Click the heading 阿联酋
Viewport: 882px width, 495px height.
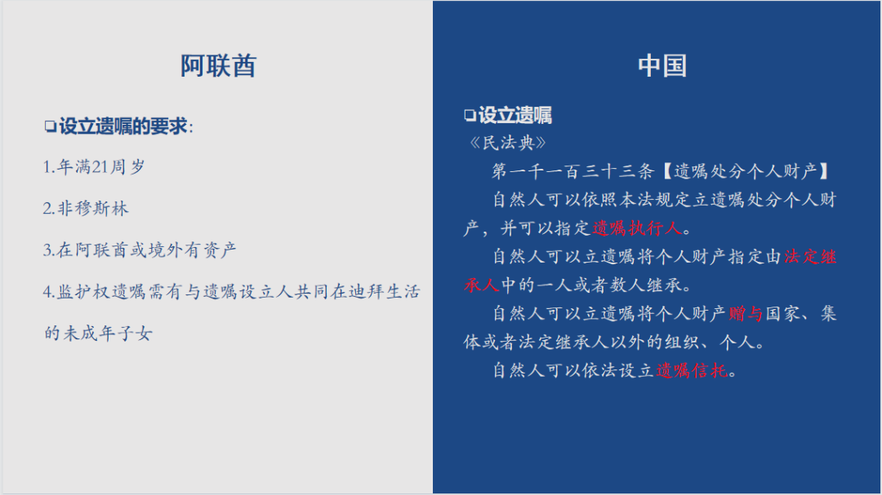coord(218,66)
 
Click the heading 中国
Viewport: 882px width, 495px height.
coord(662,66)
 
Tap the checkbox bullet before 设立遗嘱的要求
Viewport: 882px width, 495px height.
coord(50,126)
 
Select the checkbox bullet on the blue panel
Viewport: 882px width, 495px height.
coord(470,115)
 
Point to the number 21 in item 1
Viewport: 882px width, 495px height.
coord(100,167)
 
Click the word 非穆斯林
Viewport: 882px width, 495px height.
coord(93,209)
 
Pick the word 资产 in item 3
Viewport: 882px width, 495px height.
coord(220,250)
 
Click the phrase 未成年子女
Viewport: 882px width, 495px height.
coord(108,334)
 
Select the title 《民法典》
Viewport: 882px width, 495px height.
coord(508,143)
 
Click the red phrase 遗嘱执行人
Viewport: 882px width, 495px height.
coord(637,228)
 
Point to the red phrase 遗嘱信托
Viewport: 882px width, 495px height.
coord(692,370)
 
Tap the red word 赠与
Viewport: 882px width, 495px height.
coord(746,313)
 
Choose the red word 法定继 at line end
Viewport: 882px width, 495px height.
coord(811,257)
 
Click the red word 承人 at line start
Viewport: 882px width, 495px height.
coord(482,285)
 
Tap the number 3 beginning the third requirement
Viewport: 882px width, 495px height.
coord(47,250)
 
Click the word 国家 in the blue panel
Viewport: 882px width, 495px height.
coord(782,313)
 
